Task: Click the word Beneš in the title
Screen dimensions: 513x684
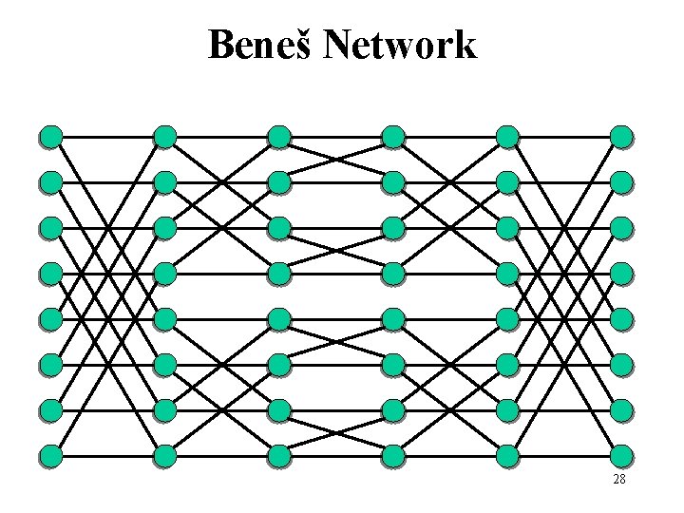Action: point(260,45)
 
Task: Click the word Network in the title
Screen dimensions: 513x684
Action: point(399,45)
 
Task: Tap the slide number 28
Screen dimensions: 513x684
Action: point(618,479)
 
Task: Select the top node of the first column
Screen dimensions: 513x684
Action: point(51,137)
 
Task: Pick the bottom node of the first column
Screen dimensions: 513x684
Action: point(51,456)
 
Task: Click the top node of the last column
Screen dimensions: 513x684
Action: point(620,137)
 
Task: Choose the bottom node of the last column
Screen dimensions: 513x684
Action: point(620,456)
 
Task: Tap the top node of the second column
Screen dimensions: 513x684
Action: point(165,137)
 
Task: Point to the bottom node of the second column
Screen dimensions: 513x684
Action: point(165,456)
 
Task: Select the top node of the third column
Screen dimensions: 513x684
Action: point(279,137)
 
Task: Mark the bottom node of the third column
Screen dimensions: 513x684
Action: point(279,456)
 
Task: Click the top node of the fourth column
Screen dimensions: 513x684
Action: point(393,137)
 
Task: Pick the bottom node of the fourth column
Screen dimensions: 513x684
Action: point(393,456)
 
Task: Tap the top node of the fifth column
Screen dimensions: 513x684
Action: point(507,137)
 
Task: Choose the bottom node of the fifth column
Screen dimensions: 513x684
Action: point(507,456)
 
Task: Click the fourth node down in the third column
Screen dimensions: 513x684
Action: point(279,274)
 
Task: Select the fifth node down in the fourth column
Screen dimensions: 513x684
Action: point(393,317)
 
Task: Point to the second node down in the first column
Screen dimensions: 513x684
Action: point(51,181)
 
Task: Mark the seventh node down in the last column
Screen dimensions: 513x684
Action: point(620,410)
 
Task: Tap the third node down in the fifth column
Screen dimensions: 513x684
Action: point(507,228)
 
